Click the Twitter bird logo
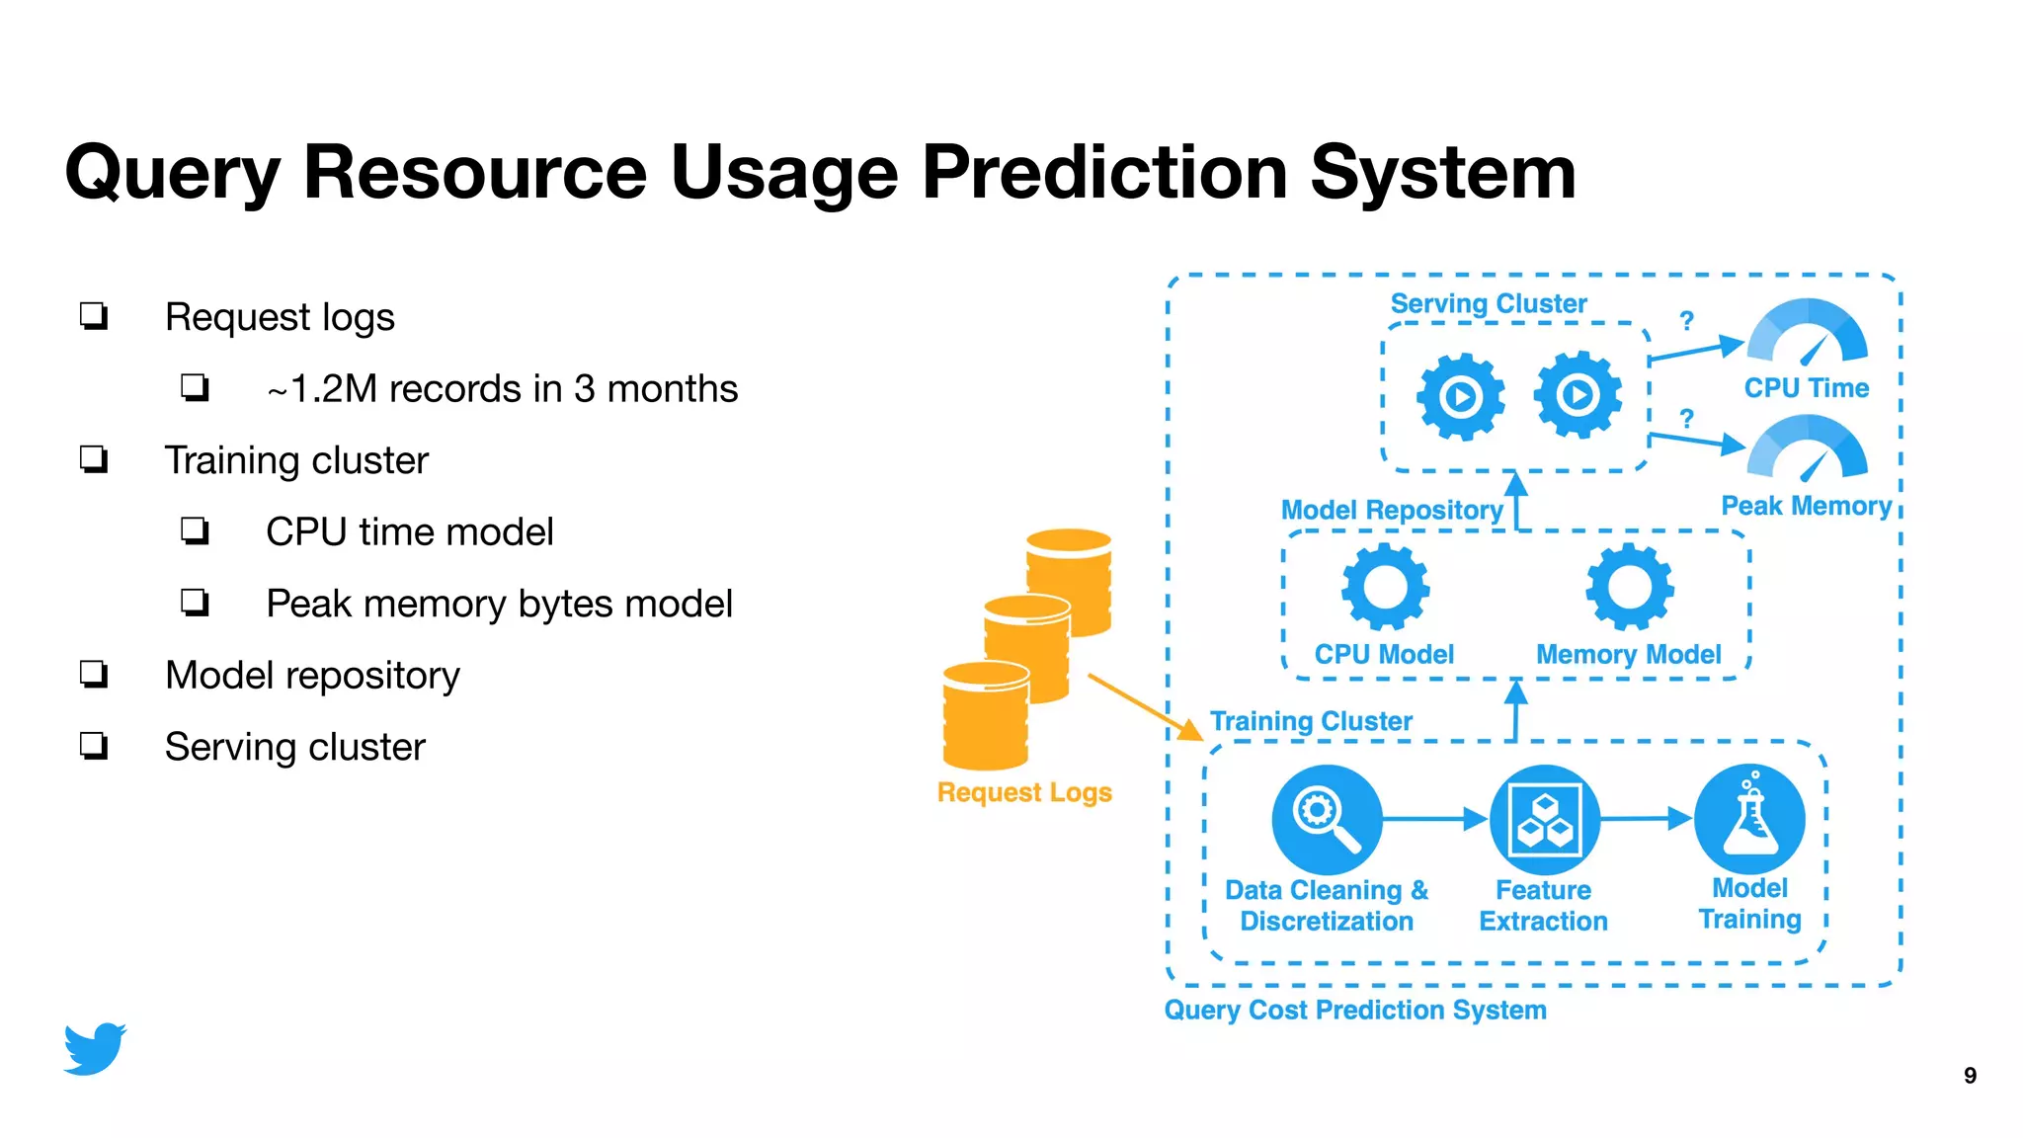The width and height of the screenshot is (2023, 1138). tap(95, 1048)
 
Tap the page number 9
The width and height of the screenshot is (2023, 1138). tap(1970, 1076)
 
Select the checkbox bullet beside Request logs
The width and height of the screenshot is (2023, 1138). tap(94, 317)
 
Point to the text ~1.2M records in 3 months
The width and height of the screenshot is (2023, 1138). tap(502, 389)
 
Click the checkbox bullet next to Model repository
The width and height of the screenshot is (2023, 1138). tap(94, 676)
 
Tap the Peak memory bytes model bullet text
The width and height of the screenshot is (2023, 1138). tap(499, 604)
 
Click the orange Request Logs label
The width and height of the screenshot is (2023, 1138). tap(1024, 792)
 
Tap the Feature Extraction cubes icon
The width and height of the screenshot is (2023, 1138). tap(1544, 819)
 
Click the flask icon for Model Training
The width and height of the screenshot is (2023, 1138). tap(1749, 819)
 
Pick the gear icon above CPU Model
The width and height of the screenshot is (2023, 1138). tap(1385, 587)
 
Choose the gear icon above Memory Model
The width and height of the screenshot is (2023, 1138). tap(1629, 587)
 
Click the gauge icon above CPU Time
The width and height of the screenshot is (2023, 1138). tap(1807, 333)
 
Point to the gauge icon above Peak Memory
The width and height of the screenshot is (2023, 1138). tap(1807, 449)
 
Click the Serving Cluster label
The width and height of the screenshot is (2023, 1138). tap(1488, 304)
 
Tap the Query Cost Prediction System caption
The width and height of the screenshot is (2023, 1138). tap(1354, 1010)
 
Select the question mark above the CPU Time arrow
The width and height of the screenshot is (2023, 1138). tap(1687, 321)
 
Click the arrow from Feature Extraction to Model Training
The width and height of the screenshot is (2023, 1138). tap(1645, 818)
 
